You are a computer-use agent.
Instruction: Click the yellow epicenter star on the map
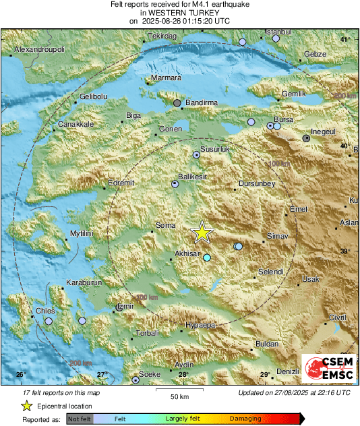[x=202, y=233]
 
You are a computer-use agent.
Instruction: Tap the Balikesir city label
[x=192, y=176]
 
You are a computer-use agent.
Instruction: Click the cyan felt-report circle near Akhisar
[x=207, y=257]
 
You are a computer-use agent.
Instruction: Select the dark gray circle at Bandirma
[x=177, y=103]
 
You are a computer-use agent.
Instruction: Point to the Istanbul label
[x=277, y=32]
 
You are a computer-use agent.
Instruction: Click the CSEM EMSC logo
[x=328, y=369]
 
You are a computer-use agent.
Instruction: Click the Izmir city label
[x=125, y=306]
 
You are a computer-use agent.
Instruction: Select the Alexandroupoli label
[x=40, y=50]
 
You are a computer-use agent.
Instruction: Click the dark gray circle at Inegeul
[x=307, y=138]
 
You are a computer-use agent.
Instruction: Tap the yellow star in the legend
[x=26, y=406]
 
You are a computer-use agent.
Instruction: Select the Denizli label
[x=288, y=371]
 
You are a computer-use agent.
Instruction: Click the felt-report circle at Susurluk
[x=197, y=155]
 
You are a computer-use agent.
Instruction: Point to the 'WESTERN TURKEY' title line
[x=179, y=13]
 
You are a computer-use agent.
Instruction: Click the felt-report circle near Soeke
[x=136, y=380]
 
